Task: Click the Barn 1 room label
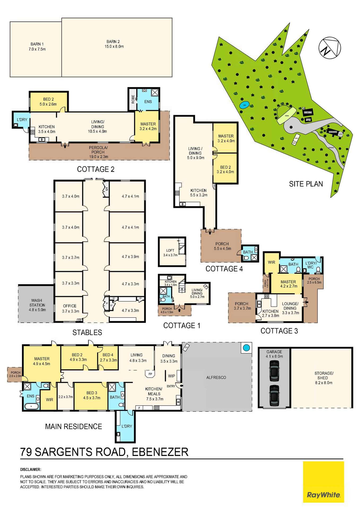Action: tap(37, 44)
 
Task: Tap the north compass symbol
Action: tap(329, 48)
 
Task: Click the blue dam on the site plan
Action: tap(244, 105)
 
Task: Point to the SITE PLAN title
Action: tap(306, 184)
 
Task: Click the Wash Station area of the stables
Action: tap(37, 305)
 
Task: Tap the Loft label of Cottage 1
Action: tap(170, 250)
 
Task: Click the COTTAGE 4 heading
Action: tap(224, 269)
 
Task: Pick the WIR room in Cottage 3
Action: tap(271, 262)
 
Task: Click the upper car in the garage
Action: tap(274, 369)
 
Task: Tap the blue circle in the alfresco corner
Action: tap(246, 348)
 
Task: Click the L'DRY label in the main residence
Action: tap(127, 426)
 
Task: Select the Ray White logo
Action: tap(323, 495)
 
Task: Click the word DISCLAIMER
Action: tap(31, 469)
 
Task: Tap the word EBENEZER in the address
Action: tap(160, 452)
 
